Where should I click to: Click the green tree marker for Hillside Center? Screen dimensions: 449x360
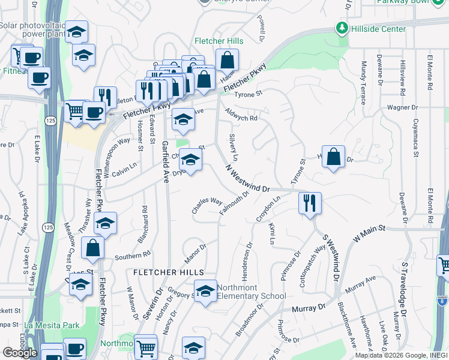click(x=342, y=28)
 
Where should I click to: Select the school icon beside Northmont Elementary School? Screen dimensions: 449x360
click(x=205, y=291)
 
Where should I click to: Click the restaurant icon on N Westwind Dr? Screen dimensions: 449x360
click(x=310, y=202)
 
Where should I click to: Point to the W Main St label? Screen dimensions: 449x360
click(x=368, y=233)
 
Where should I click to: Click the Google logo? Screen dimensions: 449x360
click(x=19, y=353)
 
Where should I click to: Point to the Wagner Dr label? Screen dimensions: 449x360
click(x=402, y=108)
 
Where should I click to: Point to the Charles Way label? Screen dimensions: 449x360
click(x=207, y=205)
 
